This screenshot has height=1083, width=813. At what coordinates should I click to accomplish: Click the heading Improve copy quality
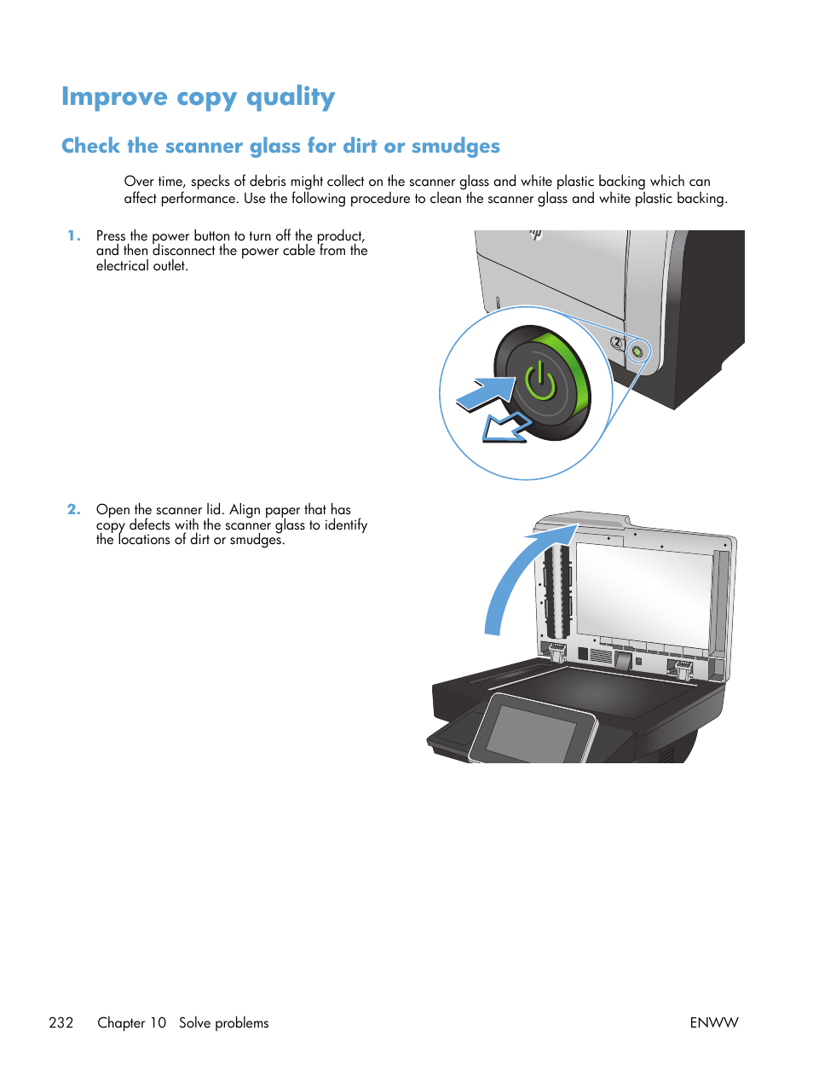click(198, 97)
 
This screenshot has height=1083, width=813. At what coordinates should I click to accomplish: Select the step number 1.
click(73, 236)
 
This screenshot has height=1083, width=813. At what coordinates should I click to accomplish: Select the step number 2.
click(74, 510)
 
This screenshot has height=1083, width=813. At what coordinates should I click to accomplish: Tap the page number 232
click(61, 1022)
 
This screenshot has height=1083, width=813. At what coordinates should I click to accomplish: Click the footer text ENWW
click(713, 1022)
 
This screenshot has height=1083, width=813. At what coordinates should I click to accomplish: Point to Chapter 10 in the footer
click(131, 1022)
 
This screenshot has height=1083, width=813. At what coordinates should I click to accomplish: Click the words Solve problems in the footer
click(223, 1022)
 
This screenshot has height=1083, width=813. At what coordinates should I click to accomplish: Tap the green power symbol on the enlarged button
click(540, 381)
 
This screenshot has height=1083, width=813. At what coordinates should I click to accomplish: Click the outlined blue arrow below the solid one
click(505, 428)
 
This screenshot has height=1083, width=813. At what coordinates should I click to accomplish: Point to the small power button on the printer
click(637, 350)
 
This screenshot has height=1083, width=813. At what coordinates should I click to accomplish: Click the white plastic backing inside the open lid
click(643, 593)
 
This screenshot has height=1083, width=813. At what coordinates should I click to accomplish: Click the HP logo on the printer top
click(535, 233)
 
